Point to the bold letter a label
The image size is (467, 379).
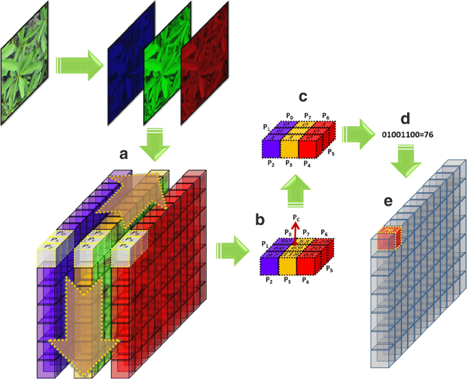coord(123,155)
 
